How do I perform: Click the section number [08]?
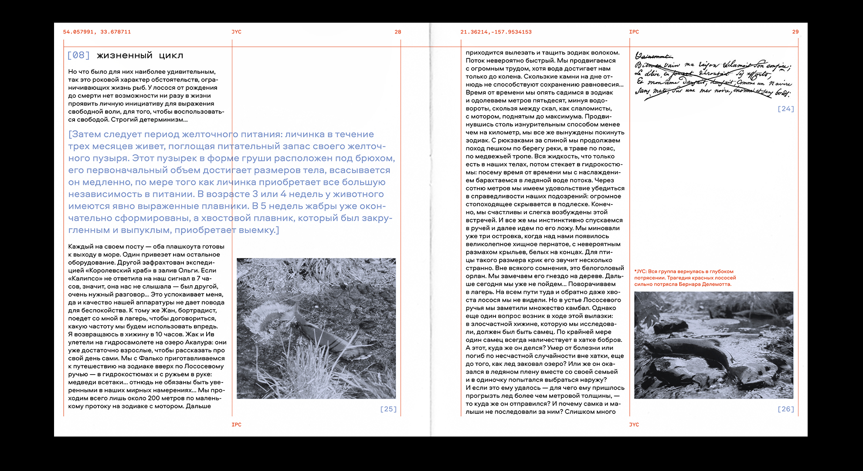(x=78, y=55)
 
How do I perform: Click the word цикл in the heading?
(x=171, y=56)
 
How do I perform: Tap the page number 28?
(x=398, y=32)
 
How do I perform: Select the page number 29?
(x=795, y=32)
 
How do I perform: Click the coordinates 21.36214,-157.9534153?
(x=496, y=32)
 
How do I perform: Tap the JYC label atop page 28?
(x=236, y=32)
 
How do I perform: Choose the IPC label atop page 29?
(x=634, y=32)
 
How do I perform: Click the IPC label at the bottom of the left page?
(x=236, y=424)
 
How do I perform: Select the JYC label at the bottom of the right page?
(x=634, y=424)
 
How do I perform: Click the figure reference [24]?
(x=785, y=109)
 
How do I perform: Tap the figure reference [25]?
(x=388, y=409)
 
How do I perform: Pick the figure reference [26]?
(x=785, y=409)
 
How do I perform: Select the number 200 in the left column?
(x=153, y=398)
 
